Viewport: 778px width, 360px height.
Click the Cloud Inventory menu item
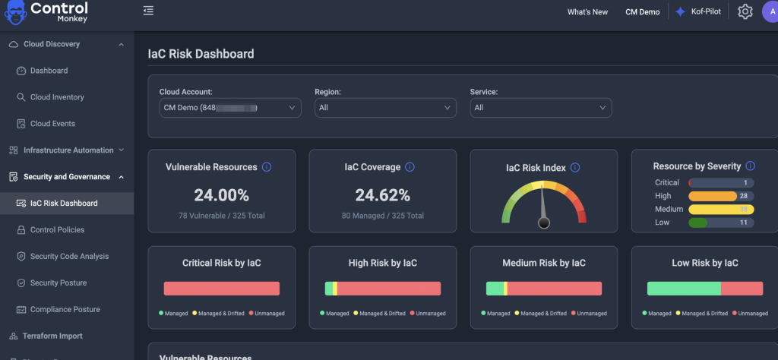point(57,97)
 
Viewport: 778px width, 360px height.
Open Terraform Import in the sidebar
point(52,336)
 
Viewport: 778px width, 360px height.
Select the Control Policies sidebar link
point(57,229)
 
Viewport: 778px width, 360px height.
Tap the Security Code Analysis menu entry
point(69,257)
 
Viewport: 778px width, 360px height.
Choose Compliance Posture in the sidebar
point(65,309)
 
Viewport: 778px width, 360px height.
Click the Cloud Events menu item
point(52,124)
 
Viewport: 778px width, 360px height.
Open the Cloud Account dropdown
point(229,108)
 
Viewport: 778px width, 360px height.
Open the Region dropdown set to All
point(385,108)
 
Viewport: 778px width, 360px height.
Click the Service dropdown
point(540,108)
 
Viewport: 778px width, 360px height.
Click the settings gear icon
point(745,11)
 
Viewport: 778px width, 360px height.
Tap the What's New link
point(587,12)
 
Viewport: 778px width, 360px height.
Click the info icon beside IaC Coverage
point(410,167)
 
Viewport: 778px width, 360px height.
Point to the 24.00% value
point(221,195)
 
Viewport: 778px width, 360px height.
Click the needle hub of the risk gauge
point(543,223)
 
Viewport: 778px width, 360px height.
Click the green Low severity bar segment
point(698,223)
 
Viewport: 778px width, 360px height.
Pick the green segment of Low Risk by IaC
point(684,289)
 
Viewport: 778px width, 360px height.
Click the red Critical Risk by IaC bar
point(222,289)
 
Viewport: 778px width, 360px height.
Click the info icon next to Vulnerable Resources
point(267,167)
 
